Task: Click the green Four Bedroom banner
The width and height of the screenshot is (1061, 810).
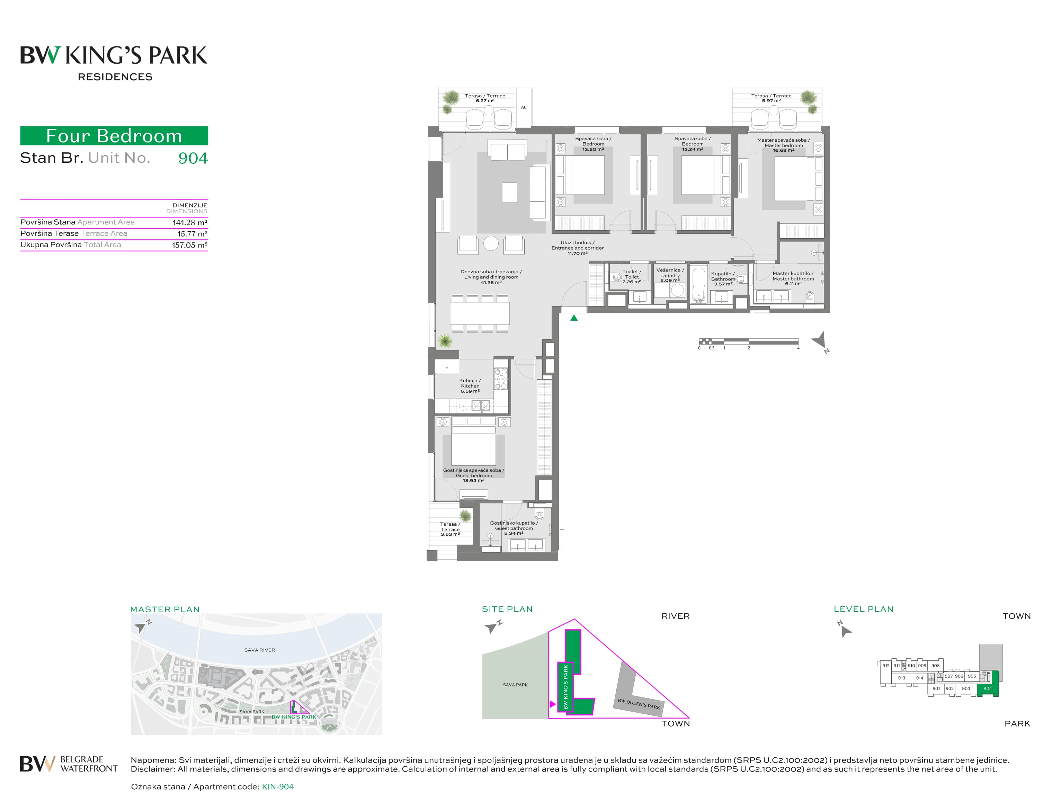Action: click(114, 135)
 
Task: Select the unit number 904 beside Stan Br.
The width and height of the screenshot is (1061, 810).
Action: click(193, 158)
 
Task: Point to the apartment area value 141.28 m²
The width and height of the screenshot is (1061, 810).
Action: click(190, 222)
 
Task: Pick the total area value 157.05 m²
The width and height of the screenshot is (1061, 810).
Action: click(189, 245)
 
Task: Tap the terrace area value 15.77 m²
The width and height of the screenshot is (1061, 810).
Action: click(192, 234)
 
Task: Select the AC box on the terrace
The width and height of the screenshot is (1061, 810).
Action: click(524, 107)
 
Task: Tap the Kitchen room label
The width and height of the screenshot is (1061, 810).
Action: click(470, 386)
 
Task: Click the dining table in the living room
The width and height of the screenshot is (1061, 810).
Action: click(480, 313)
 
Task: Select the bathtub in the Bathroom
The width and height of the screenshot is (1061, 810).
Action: click(698, 284)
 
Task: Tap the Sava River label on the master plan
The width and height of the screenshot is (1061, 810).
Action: click(259, 650)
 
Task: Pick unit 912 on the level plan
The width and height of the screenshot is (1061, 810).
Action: click(885, 665)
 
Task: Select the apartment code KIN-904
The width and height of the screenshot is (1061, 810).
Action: click(278, 786)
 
